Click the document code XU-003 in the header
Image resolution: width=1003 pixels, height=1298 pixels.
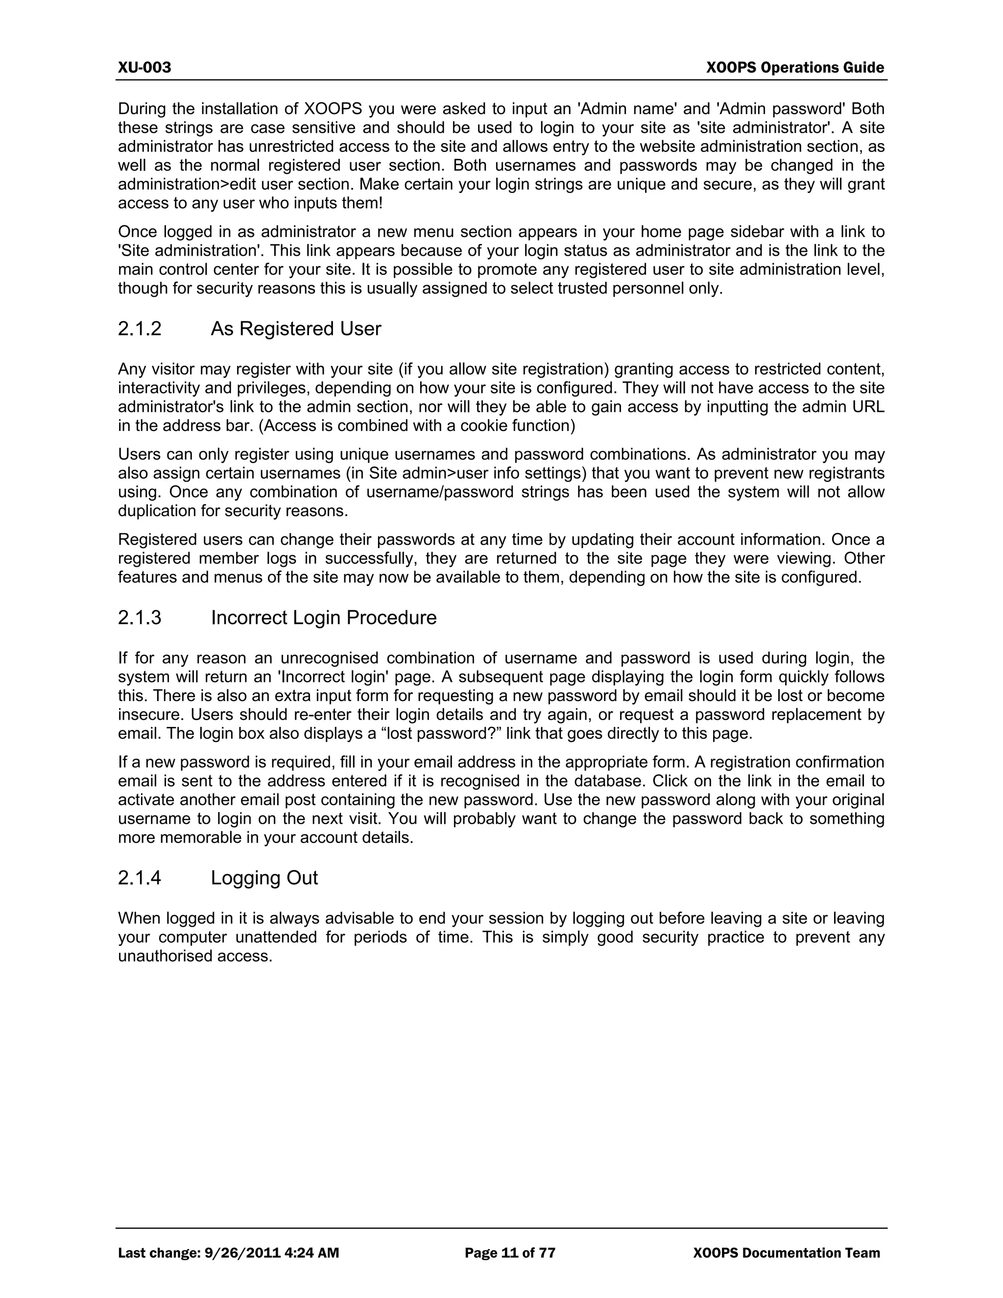(x=144, y=67)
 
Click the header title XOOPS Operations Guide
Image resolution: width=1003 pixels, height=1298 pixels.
(x=795, y=67)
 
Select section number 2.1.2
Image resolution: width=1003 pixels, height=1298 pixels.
(x=140, y=329)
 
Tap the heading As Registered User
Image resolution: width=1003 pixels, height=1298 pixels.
(x=296, y=329)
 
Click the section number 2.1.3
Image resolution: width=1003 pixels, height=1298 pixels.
(x=140, y=618)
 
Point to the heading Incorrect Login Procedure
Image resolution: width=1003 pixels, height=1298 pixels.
(x=324, y=618)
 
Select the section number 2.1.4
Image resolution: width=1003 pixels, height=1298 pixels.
(x=140, y=878)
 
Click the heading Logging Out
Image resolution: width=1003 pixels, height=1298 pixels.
(x=264, y=878)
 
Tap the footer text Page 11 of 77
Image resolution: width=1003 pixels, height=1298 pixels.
(x=510, y=1253)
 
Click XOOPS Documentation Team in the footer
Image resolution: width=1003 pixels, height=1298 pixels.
(x=786, y=1253)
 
